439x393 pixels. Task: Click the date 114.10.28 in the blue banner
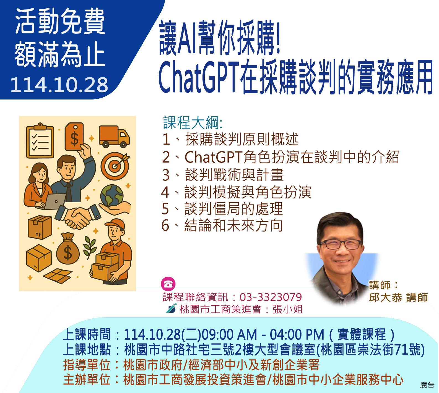(x=59, y=85)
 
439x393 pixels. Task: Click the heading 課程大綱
(x=193, y=123)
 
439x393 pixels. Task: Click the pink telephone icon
(x=168, y=284)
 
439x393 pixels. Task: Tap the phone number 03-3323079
(x=271, y=297)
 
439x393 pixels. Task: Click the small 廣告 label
(x=427, y=385)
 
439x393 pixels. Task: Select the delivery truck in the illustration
(x=114, y=137)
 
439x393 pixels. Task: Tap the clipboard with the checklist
(x=40, y=141)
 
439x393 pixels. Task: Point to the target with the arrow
(x=115, y=166)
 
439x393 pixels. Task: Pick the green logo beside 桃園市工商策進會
(x=171, y=308)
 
